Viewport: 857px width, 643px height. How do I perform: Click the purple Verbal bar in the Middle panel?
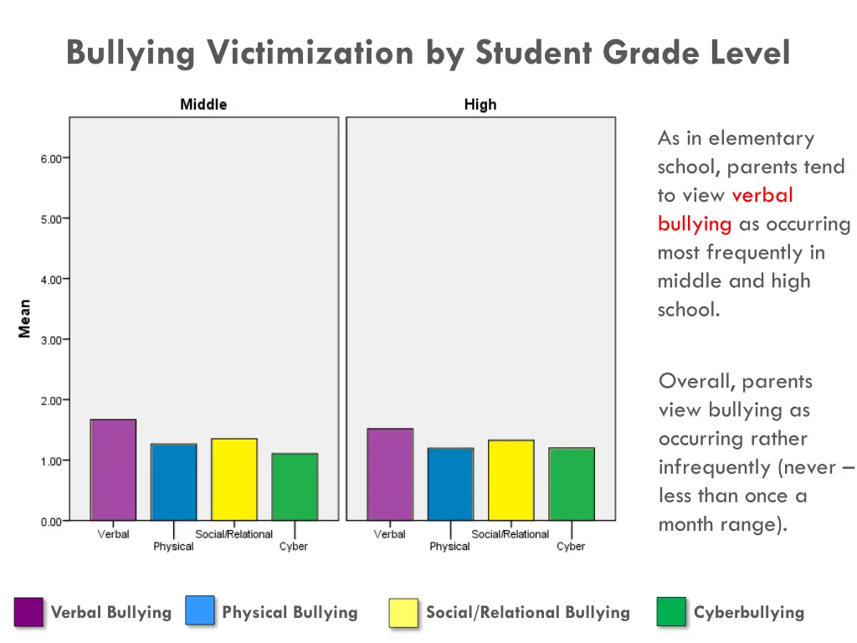pyautogui.click(x=113, y=470)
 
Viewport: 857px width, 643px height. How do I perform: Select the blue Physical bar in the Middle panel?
pyautogui.click(x=173, y=482)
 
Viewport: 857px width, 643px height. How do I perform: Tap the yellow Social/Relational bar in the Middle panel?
pyautogui.click(x=233, y=480)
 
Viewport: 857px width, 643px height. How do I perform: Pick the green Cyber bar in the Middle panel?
pyautogui.click(x=295, y=487)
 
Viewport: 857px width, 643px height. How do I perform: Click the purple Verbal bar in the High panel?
pyautogui.click(x=390, y=475)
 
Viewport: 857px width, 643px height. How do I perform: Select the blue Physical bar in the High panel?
pyautogui.click(x=450, y=485)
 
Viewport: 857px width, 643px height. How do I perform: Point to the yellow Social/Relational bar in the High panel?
pyautogui.click(x=511, y=481)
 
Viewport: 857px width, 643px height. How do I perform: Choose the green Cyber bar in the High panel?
pyautogui.click(x=572, y=485)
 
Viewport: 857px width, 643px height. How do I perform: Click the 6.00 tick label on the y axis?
pyautogui.click(x=50, y=158)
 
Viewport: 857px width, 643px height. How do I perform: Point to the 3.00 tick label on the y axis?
pyautogui.click(x=50, y=340)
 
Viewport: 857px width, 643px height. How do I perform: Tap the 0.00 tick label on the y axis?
pyautogui.click(x=50, y=522)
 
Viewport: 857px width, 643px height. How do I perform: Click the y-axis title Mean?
pyautogui.click(x=24, y=319)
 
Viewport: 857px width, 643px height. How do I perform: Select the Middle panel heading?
pyautogui.click(x=203, y=105)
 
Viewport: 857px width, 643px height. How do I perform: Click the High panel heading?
pyautogui.click(x=480, y=105)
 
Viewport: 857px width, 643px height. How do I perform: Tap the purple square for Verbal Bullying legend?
pyautogui.click(x=29, y=612)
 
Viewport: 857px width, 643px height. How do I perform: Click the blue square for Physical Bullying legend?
pyautogui.click(x=200, y=610)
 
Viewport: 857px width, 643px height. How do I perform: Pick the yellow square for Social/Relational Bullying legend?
pyautogui.click(x=403, y=612)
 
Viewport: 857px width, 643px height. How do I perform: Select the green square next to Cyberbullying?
pyautogui.click(x=671, y=611)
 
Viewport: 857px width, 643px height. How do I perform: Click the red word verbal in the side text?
pyautogui.click(x=762, y=195)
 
